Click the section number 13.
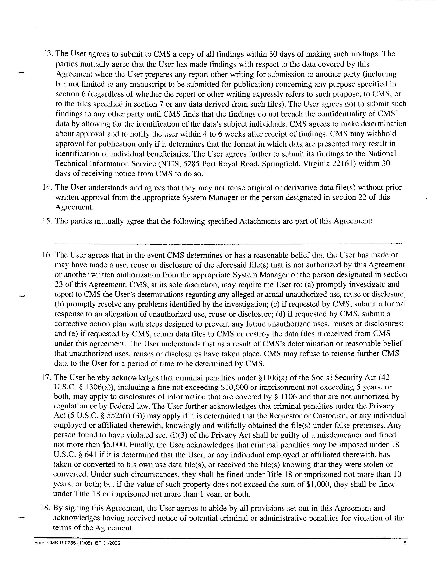[x=48, y=54]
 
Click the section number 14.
[x=47, y=188]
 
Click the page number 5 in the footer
[x=405, y=543]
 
